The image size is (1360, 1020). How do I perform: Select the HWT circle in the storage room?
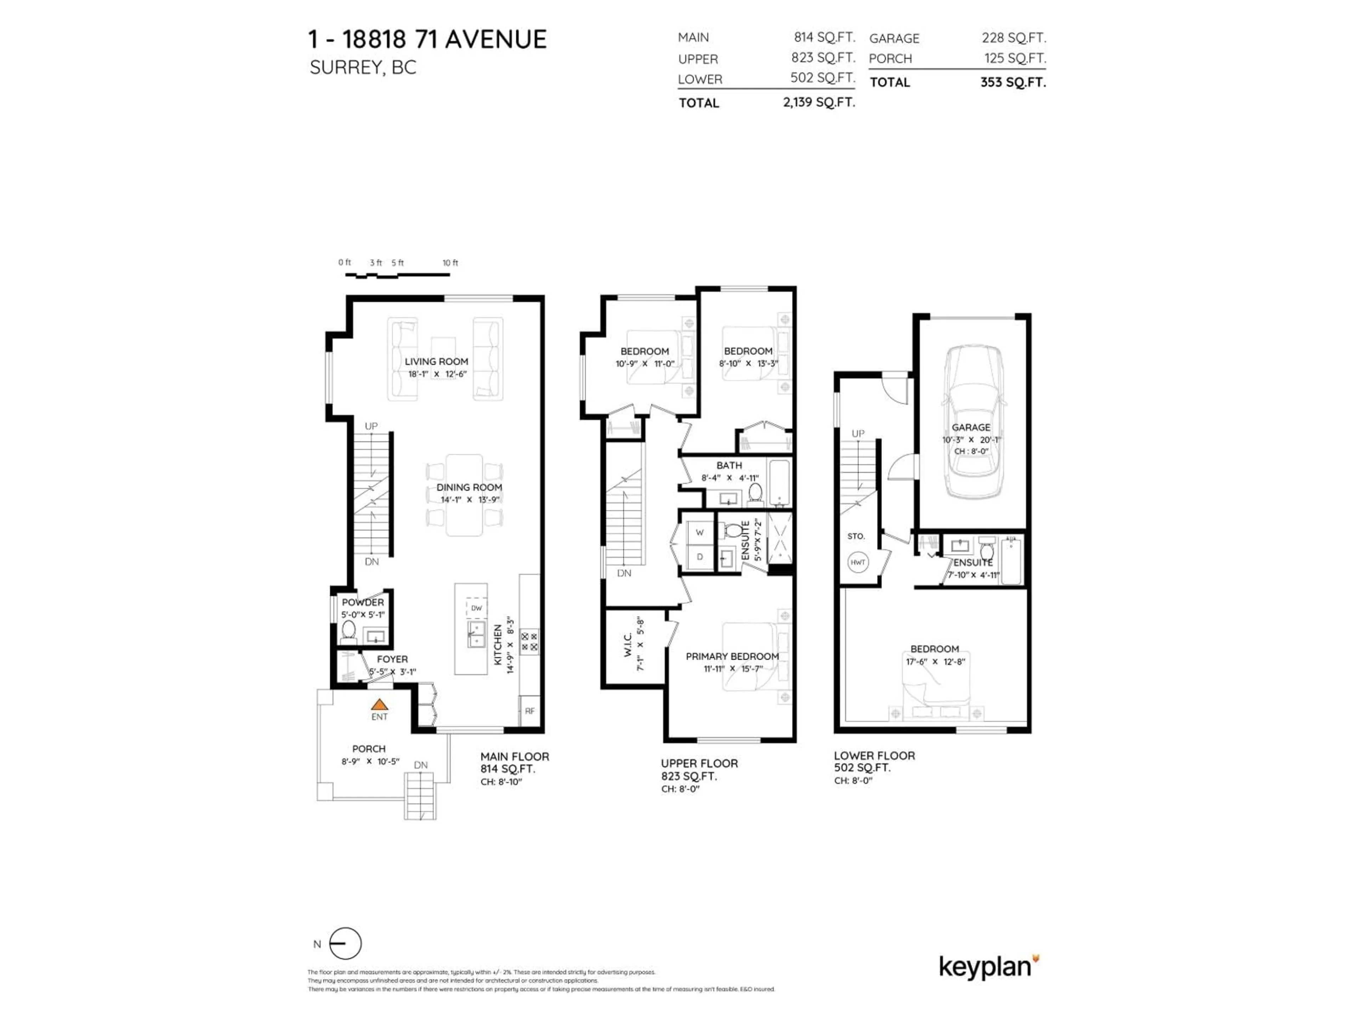pyautogui.click(x=858, y=562)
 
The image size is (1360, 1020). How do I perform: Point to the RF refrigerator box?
pyautogui.click(x=529, y=711)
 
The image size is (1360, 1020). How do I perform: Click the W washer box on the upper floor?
pyautogui.click(x=700, y=532)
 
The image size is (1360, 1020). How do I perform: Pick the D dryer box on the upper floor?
pyautogui.click(x=700, y=557)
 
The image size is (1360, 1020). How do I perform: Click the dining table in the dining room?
pyautogui.click(x=464, y=495)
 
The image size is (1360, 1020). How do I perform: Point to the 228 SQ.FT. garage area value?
pyautogui.click(x=1013, y=38)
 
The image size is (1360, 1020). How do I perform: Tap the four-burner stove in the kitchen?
pyautogui.click(x=529, y=641)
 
